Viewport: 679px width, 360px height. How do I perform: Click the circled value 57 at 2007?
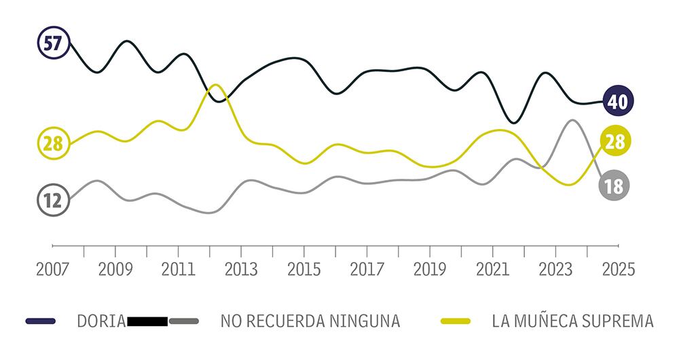click(x=52, y=43)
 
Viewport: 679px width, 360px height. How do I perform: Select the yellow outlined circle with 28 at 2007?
click(x=52, y=143)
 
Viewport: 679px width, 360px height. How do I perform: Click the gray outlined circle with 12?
click(x=52, y=200)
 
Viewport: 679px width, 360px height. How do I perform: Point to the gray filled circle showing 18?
click(x=614, y=185)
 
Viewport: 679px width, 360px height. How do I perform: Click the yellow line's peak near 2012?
click(x=215, y=85)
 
